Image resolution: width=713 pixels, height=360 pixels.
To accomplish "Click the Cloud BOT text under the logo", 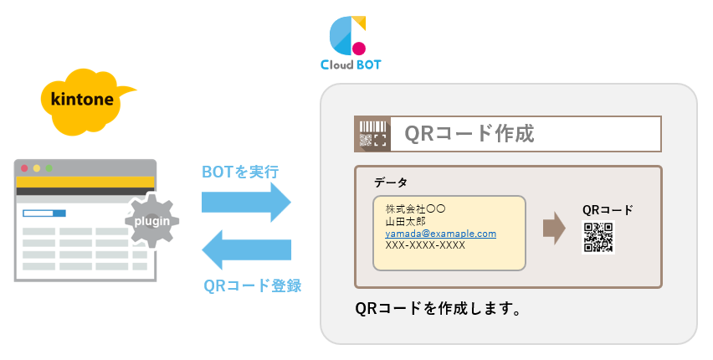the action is coord(350,64).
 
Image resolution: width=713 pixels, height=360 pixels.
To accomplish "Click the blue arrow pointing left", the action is coord(246,249).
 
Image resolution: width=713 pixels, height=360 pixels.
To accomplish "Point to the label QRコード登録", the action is coord(252,285).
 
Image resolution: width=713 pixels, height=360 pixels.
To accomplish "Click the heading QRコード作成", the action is coord(469,133).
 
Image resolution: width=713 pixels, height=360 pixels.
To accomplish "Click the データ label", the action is coord(391,182).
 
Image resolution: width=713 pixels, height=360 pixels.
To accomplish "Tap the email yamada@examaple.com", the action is coord(440,234).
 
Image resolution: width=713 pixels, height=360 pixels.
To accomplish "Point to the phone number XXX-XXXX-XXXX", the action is coord(425,246).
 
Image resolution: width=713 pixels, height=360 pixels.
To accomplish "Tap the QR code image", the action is coord(598,238).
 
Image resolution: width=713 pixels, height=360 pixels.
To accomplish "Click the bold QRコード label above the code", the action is coord(608,209).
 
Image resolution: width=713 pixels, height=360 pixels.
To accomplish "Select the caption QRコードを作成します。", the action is coord(439,309).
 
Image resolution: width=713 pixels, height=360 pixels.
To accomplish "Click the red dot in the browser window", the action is coord(24,168).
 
